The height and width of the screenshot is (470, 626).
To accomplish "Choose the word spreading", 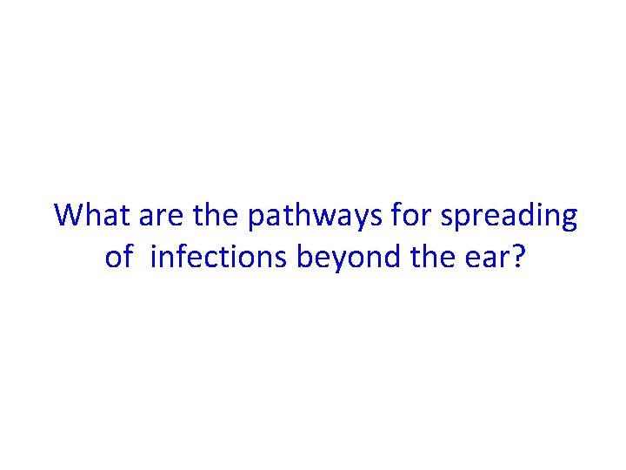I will pos(509,215).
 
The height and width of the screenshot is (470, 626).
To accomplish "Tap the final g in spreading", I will pos(568,219).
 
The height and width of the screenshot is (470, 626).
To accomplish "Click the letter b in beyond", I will pos(305,257).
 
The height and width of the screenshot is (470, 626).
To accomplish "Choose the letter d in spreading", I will pos(526,215).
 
